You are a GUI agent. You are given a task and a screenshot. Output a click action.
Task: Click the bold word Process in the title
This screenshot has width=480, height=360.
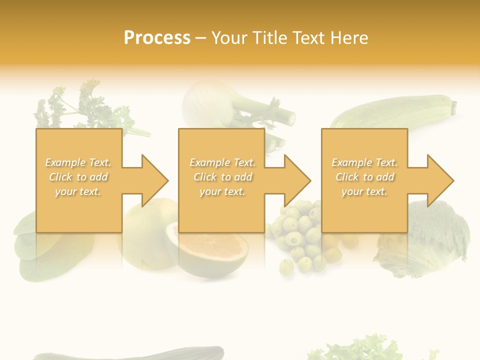[x=157, y=37]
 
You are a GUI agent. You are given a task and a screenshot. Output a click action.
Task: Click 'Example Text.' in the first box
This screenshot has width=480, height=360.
[x=78, y=162]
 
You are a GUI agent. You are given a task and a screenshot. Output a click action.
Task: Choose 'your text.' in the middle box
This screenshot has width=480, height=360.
[x=222, y=191]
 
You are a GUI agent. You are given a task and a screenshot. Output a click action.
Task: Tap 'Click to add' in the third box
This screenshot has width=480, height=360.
[x=364, y=177]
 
